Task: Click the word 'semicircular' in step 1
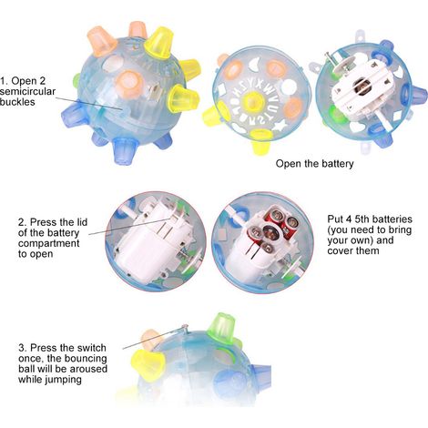pos(27,92)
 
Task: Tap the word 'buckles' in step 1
pos(17,102)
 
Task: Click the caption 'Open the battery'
pos(315,164)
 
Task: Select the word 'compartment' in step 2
pos(49,243)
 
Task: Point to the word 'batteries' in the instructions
pos(392,219)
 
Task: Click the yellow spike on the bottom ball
pos(148,364)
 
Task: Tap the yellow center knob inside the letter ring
pos(252,102)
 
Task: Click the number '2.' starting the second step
pos(23,222)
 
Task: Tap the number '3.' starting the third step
pos(23,348)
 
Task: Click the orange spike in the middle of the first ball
pos(129,84)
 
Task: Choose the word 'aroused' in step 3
pos(88,369)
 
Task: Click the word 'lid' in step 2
pos(81,222)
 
